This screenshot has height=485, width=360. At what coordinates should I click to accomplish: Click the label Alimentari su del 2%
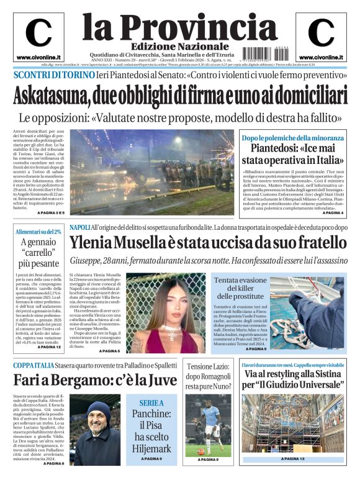coord(39,231)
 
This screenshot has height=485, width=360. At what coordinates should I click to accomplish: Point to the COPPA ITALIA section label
coord(35,365)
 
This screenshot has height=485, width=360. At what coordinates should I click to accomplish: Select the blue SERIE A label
coord(147,402)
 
